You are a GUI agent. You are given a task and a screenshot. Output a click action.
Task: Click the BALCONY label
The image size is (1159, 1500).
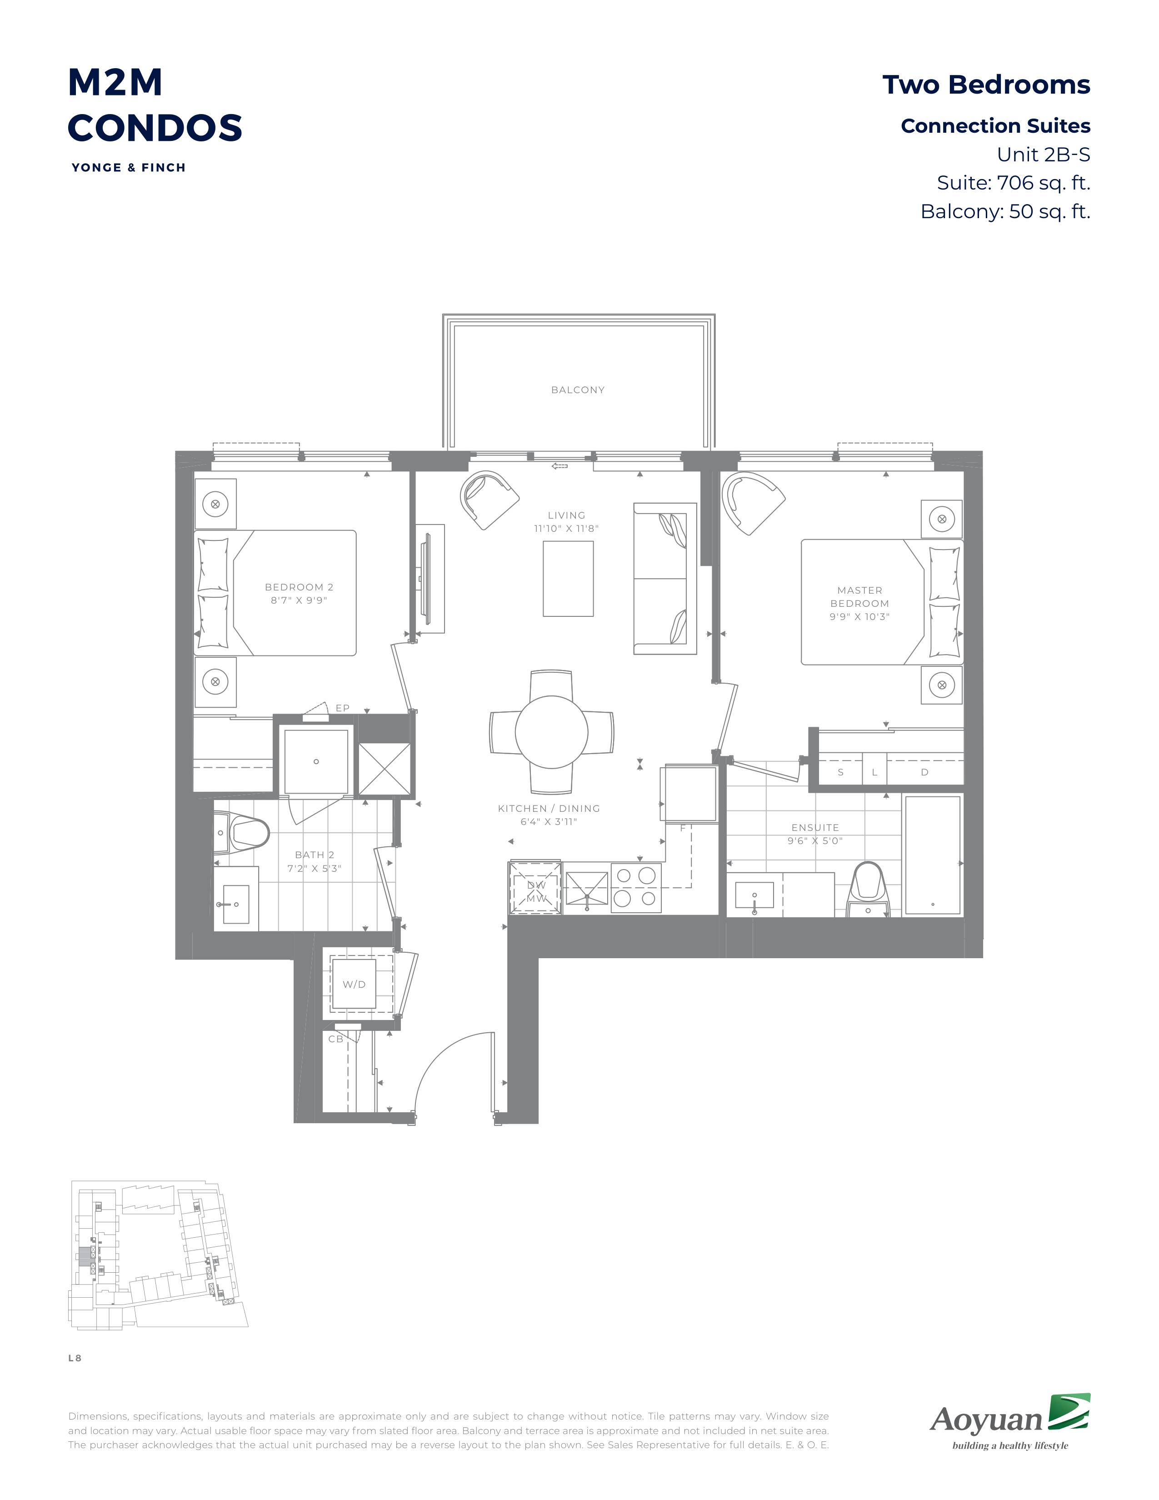pos(577,390)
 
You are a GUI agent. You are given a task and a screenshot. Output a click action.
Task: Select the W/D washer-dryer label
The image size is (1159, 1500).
pos(355,984)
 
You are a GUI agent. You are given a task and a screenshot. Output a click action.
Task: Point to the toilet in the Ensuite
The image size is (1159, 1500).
pos(867,887)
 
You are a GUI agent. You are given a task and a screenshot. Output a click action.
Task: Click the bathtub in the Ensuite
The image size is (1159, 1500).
pos(932,855)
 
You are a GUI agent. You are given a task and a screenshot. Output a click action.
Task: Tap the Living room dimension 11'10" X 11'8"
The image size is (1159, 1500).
pos(566,529)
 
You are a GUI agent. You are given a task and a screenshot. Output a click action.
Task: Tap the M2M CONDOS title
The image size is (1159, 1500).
pos(155,105)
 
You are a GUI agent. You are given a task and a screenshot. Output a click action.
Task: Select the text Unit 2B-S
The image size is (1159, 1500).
pos(1044,155)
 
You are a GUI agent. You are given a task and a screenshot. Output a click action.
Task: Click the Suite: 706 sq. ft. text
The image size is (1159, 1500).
pos(1014,183)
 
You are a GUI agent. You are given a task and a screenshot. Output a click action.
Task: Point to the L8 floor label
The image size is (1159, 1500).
pos(75,1358)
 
